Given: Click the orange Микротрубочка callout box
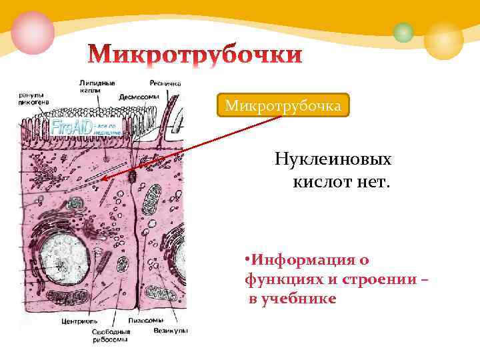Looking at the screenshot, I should click(283, 105).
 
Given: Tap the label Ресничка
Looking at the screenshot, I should click(165, 84).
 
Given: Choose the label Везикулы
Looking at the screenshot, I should click(171, 330).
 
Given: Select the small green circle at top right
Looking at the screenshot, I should click(403, 32).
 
